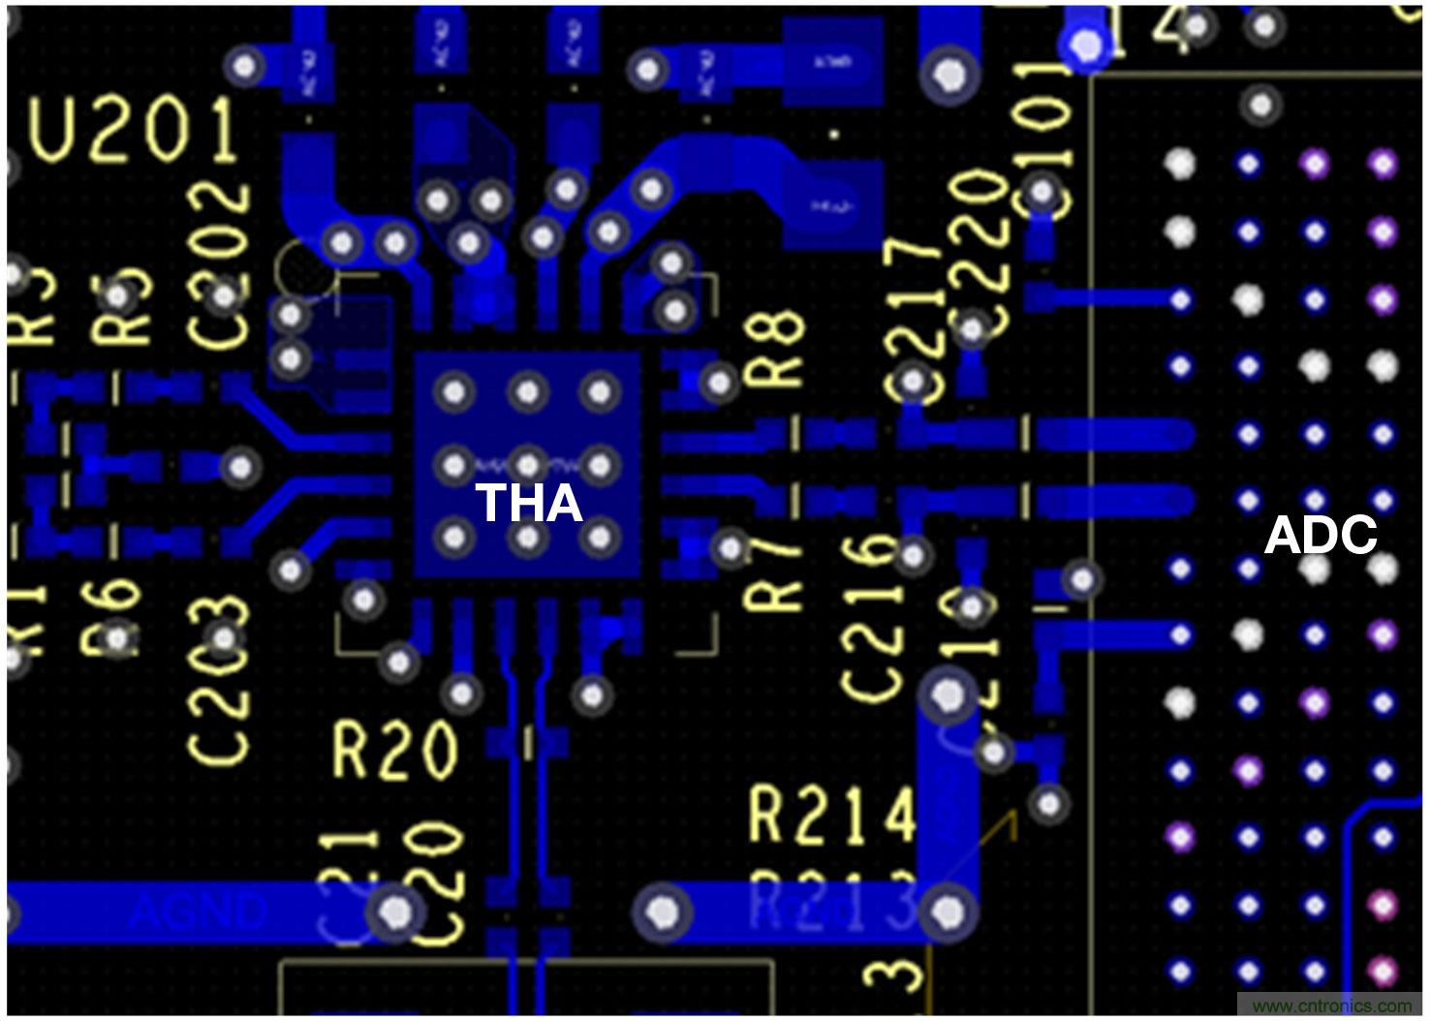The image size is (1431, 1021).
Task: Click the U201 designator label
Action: (134, 131)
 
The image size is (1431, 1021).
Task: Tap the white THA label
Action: (528, 503)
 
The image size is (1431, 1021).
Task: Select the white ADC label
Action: (1321, 535)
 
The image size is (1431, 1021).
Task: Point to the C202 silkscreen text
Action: (219, 265)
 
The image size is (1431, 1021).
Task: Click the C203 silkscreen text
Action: (219, 678)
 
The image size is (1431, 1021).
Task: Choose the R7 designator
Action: (772, 572)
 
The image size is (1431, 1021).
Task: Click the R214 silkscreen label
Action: (832, 815)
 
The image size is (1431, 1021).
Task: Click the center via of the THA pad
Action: (527, 465)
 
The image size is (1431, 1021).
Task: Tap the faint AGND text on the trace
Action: (198, 912)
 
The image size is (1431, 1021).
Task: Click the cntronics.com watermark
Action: (1331, 1005)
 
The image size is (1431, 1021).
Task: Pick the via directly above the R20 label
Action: (461, 693)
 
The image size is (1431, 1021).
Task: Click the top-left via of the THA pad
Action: (454, 392)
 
